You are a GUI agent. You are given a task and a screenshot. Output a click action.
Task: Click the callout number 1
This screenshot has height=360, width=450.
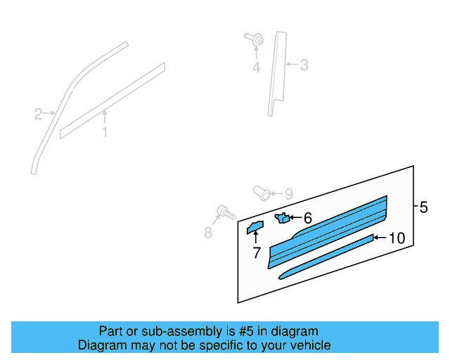click(105, 132)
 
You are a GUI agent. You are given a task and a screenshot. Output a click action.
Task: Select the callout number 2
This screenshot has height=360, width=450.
click(39, 113)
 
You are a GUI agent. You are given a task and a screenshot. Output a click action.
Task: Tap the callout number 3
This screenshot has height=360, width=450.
click(304, 66)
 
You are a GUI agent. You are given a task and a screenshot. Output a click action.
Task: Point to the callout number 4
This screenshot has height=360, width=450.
click(257, 67)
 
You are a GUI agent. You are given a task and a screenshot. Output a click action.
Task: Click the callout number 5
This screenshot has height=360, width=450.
click(423, 207)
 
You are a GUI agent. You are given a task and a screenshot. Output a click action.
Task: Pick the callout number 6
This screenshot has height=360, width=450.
click(307, 219)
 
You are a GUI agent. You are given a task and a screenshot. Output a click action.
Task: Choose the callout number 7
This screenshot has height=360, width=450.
click(257, 252)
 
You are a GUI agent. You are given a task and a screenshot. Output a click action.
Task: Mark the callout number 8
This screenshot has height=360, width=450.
click(208, 233)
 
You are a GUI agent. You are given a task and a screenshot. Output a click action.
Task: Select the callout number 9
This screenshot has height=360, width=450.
click(288, 193)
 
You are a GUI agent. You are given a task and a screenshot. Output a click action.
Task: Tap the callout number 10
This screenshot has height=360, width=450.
click(397, 238)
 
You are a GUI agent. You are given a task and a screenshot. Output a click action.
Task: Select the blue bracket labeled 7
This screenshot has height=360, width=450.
click(254, 226)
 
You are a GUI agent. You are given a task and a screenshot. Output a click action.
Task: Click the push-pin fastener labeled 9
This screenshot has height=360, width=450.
click(261, 191)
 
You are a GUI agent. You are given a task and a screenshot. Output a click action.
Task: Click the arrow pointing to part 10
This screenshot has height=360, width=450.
click(380, 238)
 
